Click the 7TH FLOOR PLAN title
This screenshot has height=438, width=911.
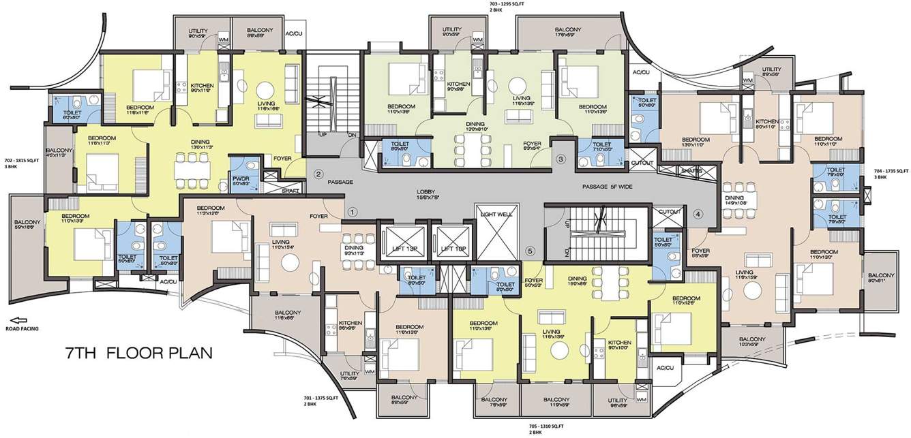tap(139, 353)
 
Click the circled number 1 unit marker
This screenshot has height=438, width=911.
tap(352, 212)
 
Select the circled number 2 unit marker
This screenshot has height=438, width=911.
tap(318, 174)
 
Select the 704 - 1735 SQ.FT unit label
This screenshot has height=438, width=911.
tap(888, 174)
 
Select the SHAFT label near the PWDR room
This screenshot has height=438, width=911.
tap(291, 191)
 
